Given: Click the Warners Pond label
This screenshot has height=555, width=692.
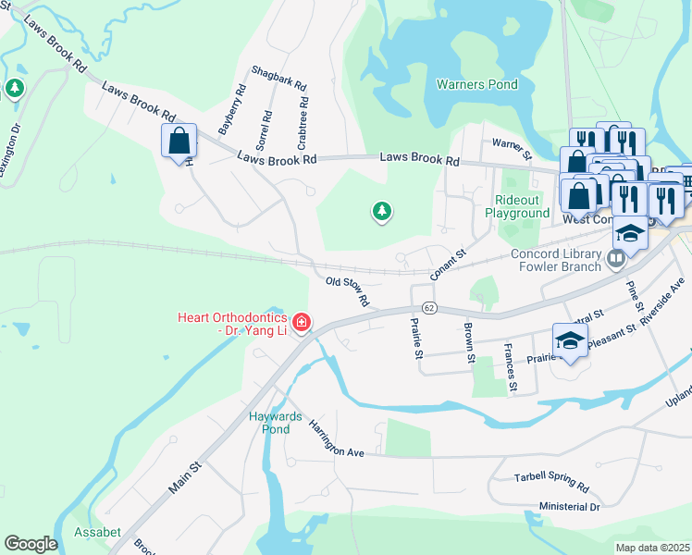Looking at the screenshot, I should (x=476, y=84).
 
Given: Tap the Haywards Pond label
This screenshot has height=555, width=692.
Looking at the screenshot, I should (x=276, y=423).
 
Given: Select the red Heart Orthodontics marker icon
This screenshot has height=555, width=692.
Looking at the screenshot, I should (x=301, y=322).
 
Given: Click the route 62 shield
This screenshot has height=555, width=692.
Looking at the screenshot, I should (x=428, y=307).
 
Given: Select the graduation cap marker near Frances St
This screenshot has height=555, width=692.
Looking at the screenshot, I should (x=571, y=339).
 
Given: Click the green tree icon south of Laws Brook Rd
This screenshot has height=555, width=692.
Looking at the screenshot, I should (x=381, y=212).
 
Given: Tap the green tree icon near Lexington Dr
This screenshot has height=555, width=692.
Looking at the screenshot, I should (x=14, y=89).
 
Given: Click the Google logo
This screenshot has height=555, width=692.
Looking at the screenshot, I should (x=31, y=544).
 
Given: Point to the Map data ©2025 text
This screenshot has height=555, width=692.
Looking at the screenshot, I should (x=652, y=548).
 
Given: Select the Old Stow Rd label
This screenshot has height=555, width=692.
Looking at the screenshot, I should (x=348, y=290).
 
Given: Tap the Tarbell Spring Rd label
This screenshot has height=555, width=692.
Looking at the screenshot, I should (x=551, y=481).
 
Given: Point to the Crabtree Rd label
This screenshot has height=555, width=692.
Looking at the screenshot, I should (x=302, y=125).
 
